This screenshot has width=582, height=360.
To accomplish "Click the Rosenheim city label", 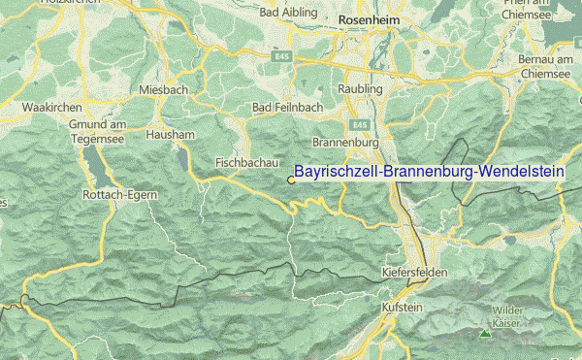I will coord(370,30).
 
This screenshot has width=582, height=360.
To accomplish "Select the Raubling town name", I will coord(361,89).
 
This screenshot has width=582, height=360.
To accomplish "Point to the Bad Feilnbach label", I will coord(283,107).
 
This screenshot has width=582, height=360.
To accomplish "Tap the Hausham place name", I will coord(170,134).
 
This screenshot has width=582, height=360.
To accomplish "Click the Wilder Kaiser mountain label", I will coord(504,316).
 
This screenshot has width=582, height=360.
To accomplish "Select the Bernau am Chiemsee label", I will coord(545,65).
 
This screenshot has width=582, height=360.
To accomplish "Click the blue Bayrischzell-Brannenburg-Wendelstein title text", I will coord(429,171).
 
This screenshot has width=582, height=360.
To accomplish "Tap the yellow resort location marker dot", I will coord(290,179).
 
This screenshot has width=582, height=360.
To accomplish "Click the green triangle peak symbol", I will coord(484,334).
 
